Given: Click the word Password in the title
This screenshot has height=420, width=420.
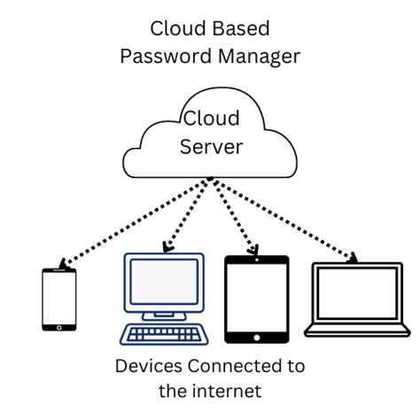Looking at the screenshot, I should [159, 56].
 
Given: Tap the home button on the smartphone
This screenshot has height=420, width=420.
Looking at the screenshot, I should [59, 326].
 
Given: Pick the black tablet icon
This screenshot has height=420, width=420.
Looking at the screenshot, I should [256, 299].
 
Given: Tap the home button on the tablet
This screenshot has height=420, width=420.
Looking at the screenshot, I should [256, 336].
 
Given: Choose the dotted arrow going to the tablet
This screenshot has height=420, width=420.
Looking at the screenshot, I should [234, 217].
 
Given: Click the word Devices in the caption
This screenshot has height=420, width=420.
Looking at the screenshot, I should [147, 366].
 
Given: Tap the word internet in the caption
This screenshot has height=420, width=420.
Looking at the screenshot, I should [228, 390].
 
